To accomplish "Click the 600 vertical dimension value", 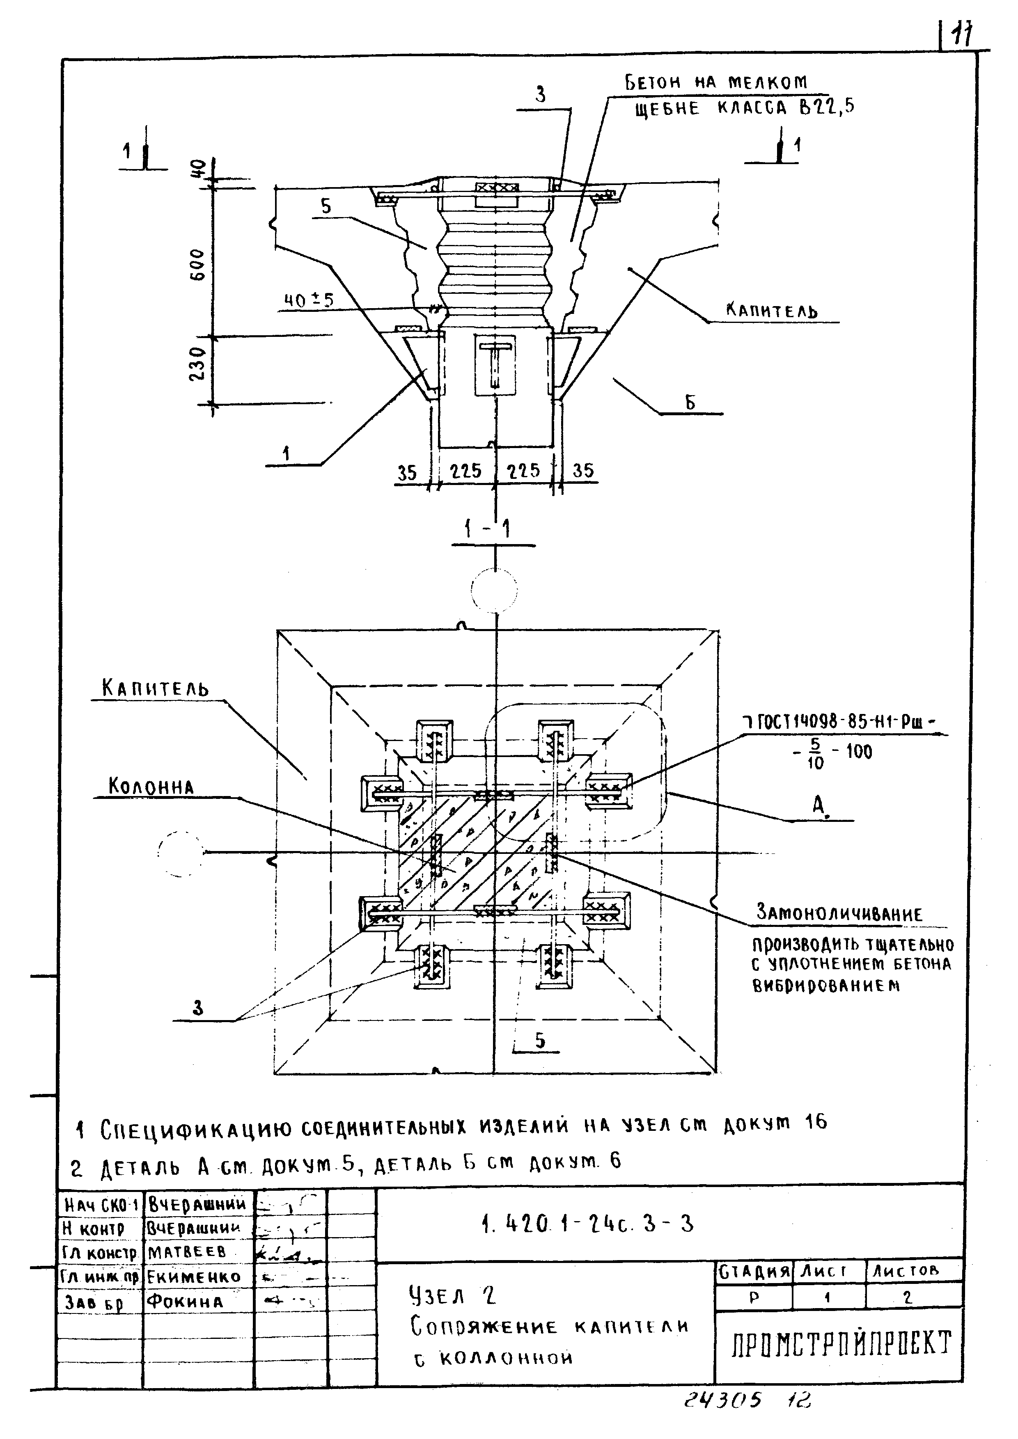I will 197,265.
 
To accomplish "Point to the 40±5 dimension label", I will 308,301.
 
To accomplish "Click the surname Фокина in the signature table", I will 184,1302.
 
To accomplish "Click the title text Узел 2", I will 452,1295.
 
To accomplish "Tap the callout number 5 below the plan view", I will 540,1041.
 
